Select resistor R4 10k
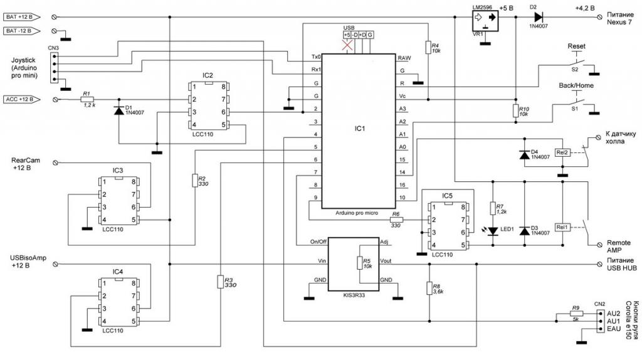point(427,47)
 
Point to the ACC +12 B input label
point(23,99)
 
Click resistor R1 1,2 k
point(87,99)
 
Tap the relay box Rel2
point(562,152)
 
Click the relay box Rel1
point(562,226)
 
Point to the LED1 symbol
point(494,231)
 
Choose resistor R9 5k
point(575,314)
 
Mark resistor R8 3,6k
point(428,288)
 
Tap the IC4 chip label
point(118,272)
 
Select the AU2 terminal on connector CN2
point(614,312)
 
